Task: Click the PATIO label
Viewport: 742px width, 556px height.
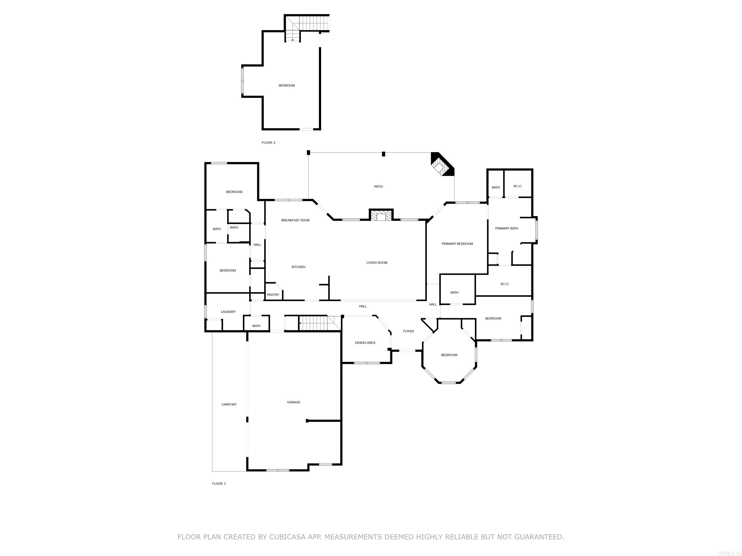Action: pos(378,186)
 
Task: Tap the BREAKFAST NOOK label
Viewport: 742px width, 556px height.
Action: pos(295,220)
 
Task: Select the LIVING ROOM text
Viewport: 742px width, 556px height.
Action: pos(377,263)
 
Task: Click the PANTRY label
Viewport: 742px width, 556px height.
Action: pos(273,295)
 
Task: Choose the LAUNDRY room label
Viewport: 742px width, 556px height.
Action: pos(228,312)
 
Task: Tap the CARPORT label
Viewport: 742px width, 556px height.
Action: pos(229,404)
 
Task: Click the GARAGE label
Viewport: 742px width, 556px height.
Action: pos(293,402)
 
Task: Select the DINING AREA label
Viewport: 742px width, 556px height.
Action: pos(365,343)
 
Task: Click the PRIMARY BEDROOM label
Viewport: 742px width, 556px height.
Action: pos(457,244)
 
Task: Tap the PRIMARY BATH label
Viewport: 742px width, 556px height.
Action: pos(507,229)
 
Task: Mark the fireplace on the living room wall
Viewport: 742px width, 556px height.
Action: pos(381,215)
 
